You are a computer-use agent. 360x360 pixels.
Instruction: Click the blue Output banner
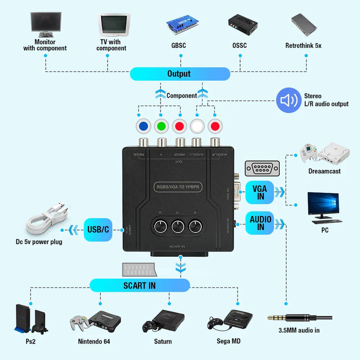tap(179, 74)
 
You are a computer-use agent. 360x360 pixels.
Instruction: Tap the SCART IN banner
tap(139, 285)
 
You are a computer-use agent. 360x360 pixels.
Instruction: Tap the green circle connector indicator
tap(161, 126)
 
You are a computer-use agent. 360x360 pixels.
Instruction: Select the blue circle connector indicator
tap(142, 126)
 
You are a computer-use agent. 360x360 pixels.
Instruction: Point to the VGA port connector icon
tap(262, 168)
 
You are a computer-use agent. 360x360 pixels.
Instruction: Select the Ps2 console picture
tap(30, 319)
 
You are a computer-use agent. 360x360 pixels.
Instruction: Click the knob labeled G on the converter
tap(178, 226)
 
